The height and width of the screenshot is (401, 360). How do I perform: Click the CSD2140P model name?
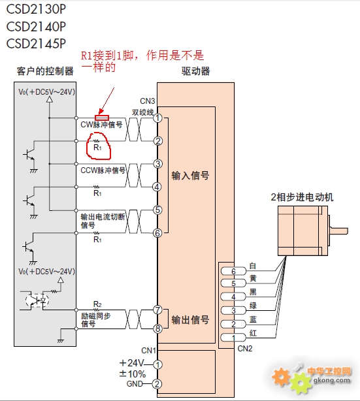[36, 27]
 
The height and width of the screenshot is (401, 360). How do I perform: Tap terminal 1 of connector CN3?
[158, 118]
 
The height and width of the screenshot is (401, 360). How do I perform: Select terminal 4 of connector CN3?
[157, 187]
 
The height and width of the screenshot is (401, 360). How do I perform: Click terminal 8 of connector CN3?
[158, 329]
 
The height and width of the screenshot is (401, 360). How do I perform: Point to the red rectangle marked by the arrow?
[102, 118]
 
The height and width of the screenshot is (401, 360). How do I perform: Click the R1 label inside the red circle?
[97, 148]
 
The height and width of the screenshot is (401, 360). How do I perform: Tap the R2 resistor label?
[97, 304]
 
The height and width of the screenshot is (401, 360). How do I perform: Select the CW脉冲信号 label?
[101, 125]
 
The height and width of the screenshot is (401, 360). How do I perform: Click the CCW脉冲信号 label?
[103, 170]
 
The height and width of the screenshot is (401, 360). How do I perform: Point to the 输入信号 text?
[190, 176]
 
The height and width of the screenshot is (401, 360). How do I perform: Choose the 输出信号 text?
[190, 319]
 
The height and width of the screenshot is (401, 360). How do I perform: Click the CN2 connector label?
[245, 349]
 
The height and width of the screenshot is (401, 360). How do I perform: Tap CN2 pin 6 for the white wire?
[233, 271]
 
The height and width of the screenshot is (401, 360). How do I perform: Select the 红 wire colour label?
[253, 333]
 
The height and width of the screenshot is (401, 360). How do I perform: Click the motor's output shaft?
[339, 231]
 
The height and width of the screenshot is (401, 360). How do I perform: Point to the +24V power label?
[132, 363]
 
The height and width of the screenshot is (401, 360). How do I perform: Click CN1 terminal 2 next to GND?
[157, 384]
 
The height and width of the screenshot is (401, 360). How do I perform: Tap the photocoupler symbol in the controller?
[37, 300]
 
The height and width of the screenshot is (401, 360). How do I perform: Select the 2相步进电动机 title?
[302, 197]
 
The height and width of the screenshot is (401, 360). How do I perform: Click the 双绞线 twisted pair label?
[143, 112]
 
